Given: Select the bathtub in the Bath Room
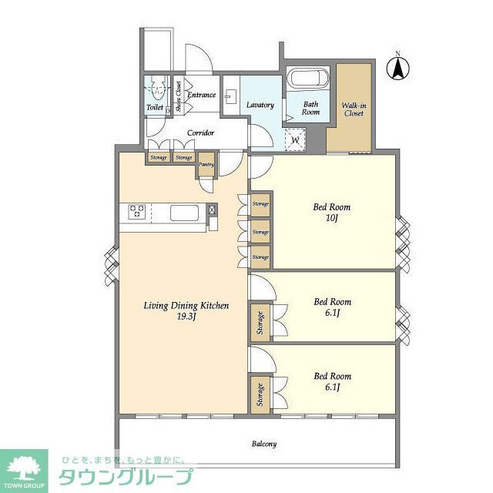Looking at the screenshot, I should [309, 79].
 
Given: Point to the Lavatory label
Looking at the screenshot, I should [260, 105].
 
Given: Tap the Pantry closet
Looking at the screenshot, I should [206, 164].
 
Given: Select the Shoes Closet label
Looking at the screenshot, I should [178, 97].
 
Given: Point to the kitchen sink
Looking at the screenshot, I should [184, 212].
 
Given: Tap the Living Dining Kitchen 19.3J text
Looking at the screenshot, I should [186, 311].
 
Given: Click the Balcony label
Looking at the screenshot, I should [263, 444].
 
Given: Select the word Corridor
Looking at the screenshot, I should [200, 132].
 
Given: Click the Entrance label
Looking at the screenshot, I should [201, 95].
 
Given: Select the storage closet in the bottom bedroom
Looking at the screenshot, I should [260, 394].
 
